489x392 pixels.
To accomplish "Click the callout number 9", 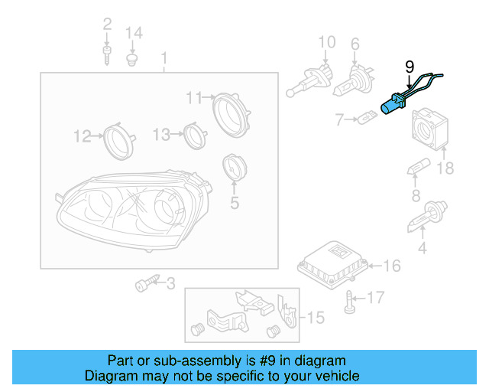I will tap(408, 67).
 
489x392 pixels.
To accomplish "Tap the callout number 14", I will tap(134, 32).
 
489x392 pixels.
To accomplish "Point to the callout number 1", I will tap(164, 58).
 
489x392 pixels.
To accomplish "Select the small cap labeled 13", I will tap(195, 135).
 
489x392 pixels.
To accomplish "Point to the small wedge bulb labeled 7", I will tap(368, 119).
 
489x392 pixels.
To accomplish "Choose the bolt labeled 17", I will tap(351, 300).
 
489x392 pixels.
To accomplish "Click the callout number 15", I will tap(315, 315).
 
